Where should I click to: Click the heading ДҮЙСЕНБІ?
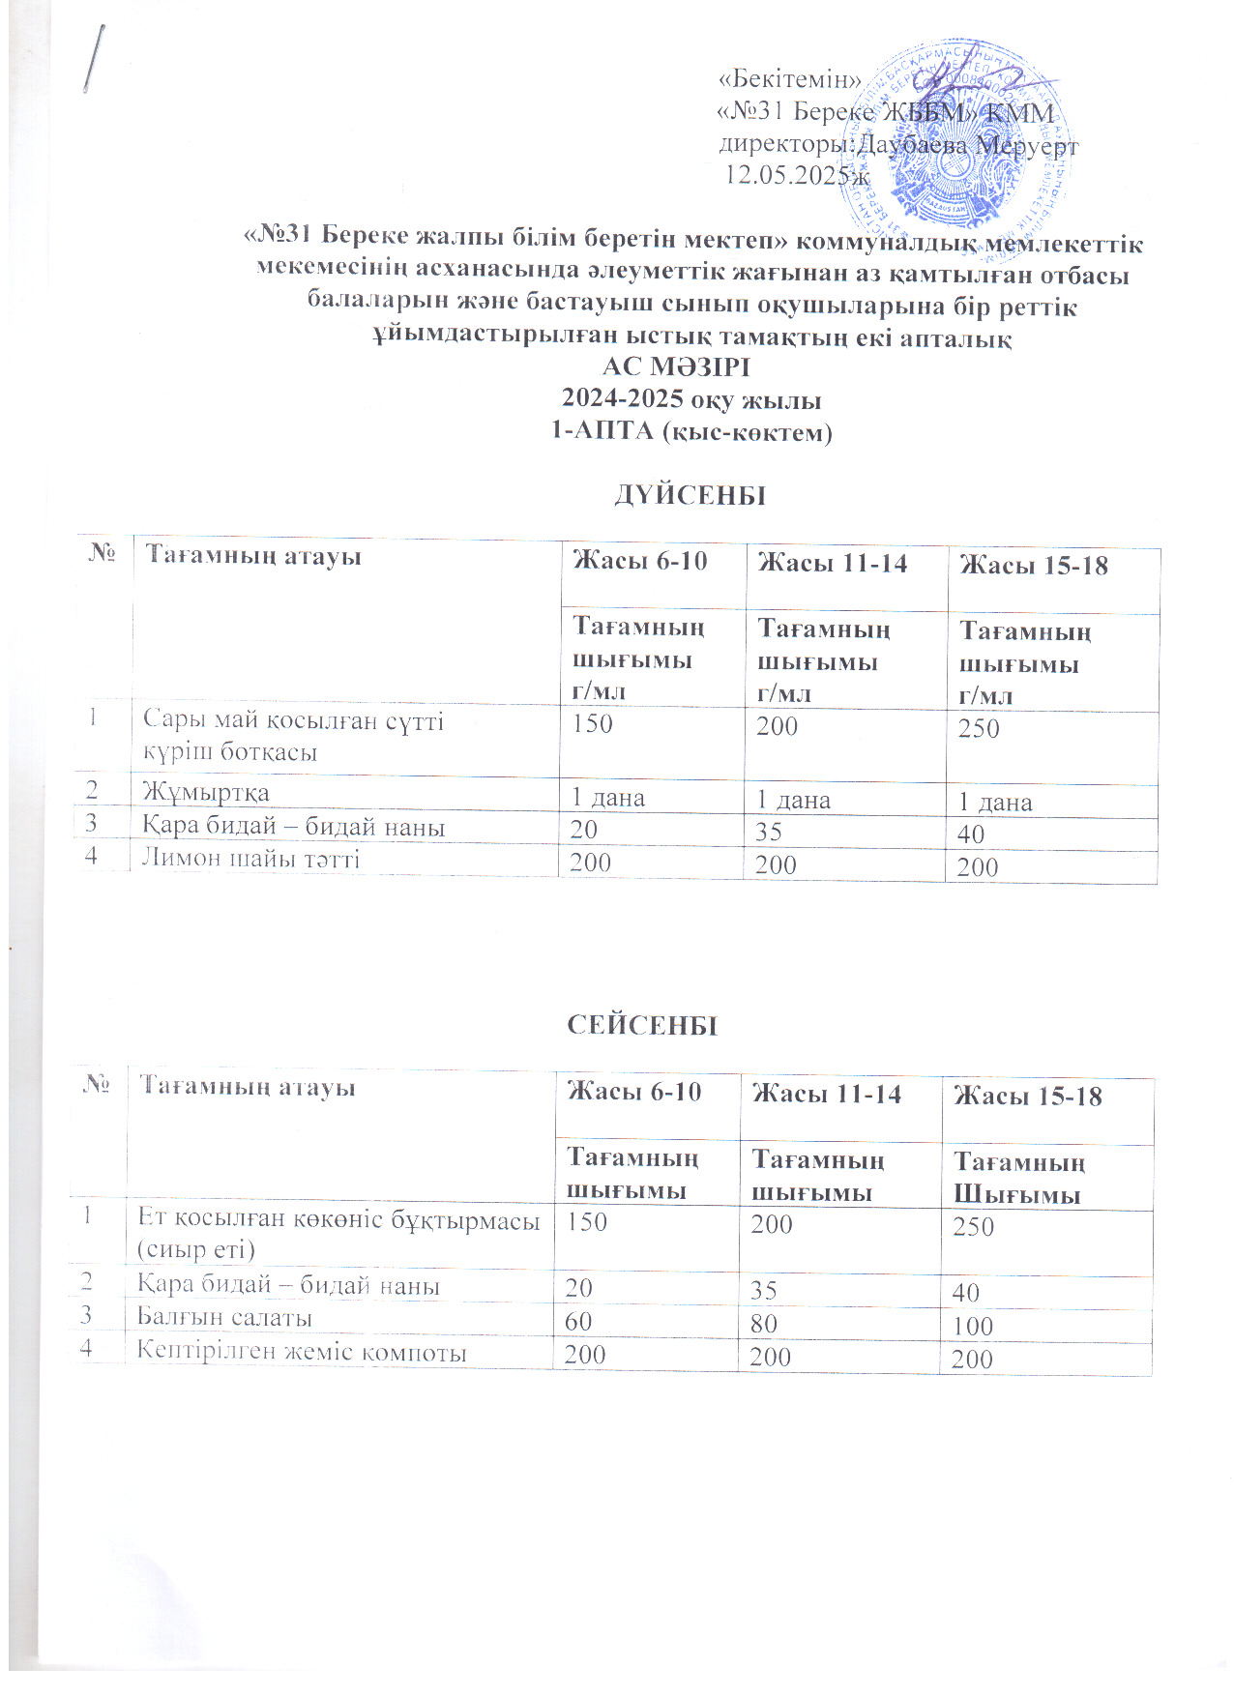point(690,495)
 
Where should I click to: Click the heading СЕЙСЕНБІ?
point(642,1025)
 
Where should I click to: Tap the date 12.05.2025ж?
point(797,175)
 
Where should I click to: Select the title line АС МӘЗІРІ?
point(676,367)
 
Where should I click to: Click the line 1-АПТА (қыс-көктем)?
point(691,431)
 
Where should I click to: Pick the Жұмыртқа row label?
point(206,792)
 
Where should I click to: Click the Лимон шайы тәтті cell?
point(251,858)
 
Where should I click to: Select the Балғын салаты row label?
point(224,1317)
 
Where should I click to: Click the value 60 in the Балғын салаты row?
point(578,1321)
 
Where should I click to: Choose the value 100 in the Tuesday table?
point(973,1326)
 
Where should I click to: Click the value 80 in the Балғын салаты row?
point(764,1323)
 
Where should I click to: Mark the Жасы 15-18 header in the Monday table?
point(1033,565)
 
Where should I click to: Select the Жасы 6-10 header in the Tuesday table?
point(634,1092)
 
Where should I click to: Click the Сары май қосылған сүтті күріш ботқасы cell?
point(293,736)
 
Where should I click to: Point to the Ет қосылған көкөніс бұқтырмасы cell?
point(338,1234)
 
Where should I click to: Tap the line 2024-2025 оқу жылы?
point(691,399)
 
